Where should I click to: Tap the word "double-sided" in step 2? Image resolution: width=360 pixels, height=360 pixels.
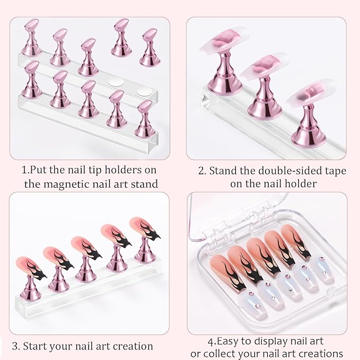[278, 171]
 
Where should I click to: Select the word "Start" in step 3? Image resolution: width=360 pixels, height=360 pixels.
[34, 346]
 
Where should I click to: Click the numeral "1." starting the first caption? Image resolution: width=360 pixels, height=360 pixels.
[25, 170]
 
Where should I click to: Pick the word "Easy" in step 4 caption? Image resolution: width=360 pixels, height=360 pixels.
[227, 342]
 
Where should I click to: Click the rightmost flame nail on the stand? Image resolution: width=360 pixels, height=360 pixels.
[145, 228]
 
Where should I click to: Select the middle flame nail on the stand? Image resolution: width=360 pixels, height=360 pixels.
[86, 248]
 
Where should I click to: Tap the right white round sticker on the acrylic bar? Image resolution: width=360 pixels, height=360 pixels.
[144, 92]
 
